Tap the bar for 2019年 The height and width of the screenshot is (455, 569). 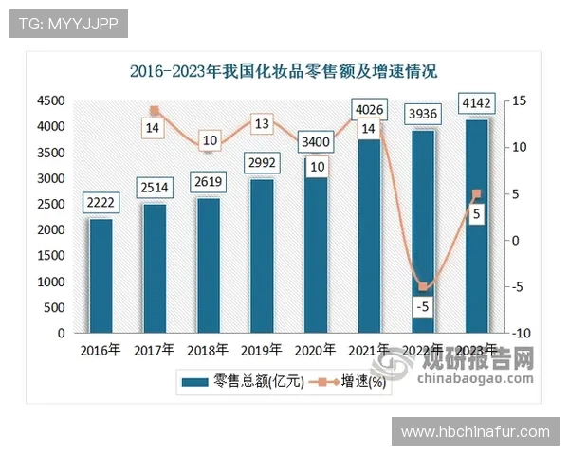262,256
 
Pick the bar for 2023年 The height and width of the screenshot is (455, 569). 476,227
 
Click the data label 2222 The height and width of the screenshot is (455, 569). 101,202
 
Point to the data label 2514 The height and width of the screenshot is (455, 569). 155,187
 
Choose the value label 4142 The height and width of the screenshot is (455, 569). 476,102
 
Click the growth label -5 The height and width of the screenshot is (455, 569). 423,307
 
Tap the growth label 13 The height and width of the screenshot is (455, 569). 262,123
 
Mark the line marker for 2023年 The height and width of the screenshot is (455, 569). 476,194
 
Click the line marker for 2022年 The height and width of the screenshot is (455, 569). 423,287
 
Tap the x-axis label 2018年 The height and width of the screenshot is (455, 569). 208,351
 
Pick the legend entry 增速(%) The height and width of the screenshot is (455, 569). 352,383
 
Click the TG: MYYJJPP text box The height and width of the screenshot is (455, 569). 69,24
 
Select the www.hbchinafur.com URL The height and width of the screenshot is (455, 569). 475,431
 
